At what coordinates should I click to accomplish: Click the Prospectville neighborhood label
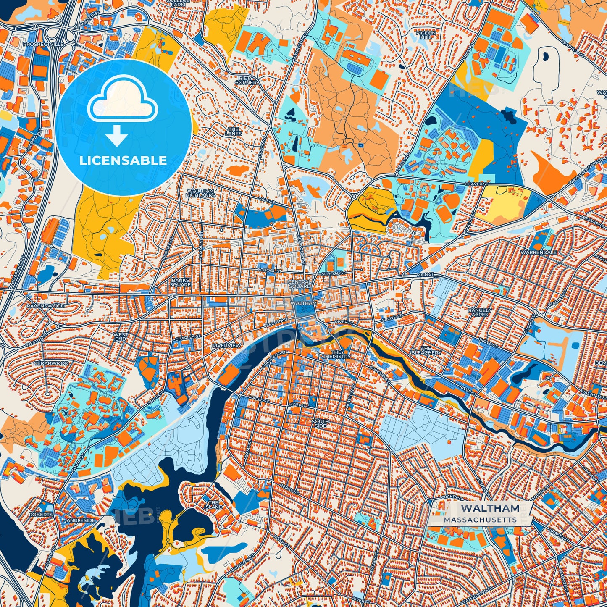tap(43, 44)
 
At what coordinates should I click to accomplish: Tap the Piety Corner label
tap(246, 80)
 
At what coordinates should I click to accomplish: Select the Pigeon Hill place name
tap(426, 35)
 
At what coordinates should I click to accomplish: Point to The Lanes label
tap(233, 131)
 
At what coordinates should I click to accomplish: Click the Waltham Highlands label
tap(201, 193)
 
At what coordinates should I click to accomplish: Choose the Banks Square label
tap(180, 282)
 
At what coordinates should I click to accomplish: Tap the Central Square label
tap(300, 284)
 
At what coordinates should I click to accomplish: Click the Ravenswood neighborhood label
tap(46, 306)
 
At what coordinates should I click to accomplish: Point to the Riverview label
tap(227, 345)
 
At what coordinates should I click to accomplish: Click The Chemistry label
tap(336, 354)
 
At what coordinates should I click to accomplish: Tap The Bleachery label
tap(426, 350)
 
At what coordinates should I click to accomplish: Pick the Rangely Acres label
tap(480, 312)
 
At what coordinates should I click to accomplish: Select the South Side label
tap(320, 423)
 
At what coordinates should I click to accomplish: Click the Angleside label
tap(80, 520)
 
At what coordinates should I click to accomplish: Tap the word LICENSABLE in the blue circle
tap(124, 160)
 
